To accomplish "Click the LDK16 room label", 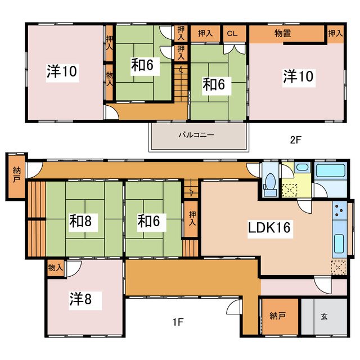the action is coord(269,228).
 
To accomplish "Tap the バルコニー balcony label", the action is coord(196,135).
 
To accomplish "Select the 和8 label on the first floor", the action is coord(80,221).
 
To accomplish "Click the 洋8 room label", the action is coord(80,299).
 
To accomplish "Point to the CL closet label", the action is coord(232,34).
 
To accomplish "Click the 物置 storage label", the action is coord(283,34).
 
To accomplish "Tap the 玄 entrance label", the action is coord(324,317).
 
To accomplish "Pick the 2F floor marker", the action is coord(295,140).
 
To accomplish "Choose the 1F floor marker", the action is coord(178,322).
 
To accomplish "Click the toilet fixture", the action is coord(271,184).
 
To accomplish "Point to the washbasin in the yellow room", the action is coord(302,168).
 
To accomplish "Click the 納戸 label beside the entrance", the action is coord(277,316).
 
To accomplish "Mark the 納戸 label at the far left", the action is coord(16,175).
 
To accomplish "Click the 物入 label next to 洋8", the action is coord(55,268).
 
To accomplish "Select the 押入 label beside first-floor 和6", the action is coord(192,218).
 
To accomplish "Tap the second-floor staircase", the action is coord(181,83).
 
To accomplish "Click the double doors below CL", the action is coord(235,49).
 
